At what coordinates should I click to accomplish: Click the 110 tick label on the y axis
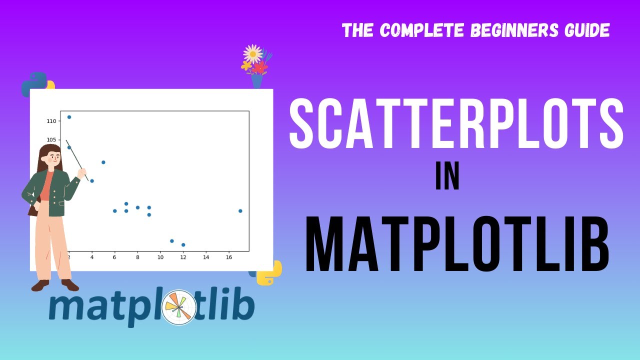[x=52, y=121]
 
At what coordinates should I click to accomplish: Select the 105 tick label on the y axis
[x=52, y=140]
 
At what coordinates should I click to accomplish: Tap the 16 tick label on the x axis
[x=229, y=257]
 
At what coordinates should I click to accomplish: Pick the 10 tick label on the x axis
[x=160, y=257]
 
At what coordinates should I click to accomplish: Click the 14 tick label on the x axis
[x=206, y=257]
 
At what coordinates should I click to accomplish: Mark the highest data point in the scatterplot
[x=69, y=117]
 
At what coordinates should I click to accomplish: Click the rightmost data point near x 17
[x=240, y=211]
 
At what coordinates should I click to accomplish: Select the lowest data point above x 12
[x=183, y=244]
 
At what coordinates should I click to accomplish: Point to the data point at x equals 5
[x=103, y=162]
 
